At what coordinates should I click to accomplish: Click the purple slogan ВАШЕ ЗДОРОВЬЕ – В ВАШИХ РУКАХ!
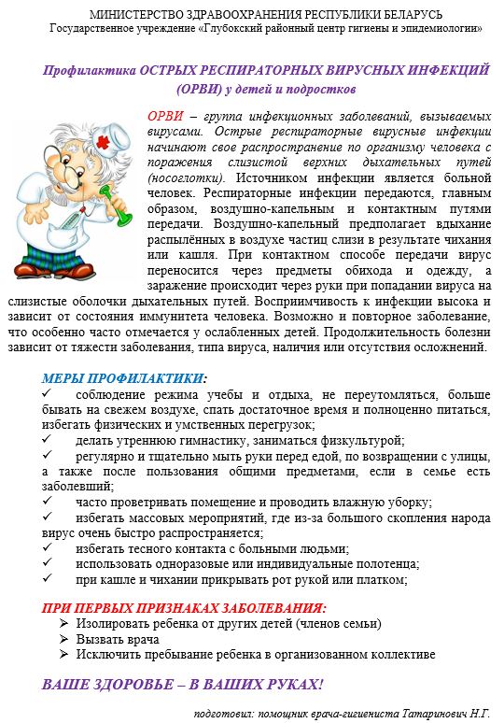182,685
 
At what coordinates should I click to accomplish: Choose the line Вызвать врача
119,639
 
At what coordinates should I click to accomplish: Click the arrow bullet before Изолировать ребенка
63,623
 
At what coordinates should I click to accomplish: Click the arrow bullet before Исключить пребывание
63,655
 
